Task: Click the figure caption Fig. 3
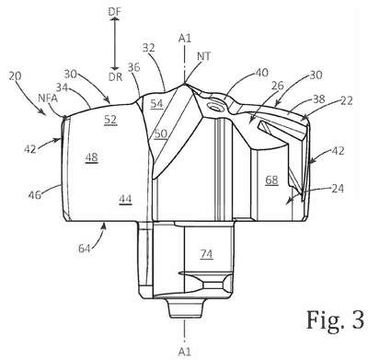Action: pos(336,319)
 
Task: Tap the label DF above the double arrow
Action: pos(115,12)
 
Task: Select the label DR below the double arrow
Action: pos(115,77)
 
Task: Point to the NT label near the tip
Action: pos(204,56)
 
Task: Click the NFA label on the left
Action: pos(48,99)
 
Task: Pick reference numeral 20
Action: pos(15,75)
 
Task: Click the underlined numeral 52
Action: pos(110,120)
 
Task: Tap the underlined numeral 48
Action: pos(92,157)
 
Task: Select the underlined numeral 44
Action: pos(125,200)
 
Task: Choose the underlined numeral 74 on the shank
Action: pos(206,254)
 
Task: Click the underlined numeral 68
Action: pos(271,180)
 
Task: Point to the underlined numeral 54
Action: pos(156,104)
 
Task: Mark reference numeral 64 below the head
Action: pos(85,248)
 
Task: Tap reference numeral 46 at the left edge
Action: pos(35,194)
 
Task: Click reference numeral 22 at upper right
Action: pos(346,100)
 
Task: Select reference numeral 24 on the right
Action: pos(338,188)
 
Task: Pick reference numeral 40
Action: pos(261,73)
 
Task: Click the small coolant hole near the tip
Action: pos(214,108)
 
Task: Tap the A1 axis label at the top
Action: pos(185,38)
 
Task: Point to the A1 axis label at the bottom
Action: pos(185,352)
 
